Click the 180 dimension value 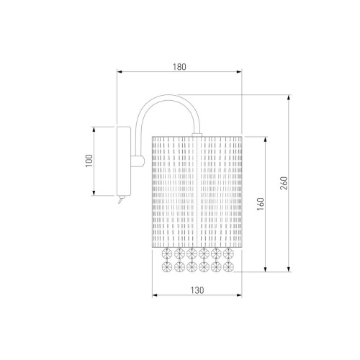pos(179,67)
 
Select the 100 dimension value pos(89,161)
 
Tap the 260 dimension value pos(284,183)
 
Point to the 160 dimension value pos(261,204)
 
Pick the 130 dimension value pos(197,290)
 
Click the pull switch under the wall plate pos(121,199)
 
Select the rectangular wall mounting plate pos(124,161)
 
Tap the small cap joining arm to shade pos(197,135)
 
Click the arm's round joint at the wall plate pos(138,161)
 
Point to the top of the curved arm pos(168,96)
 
